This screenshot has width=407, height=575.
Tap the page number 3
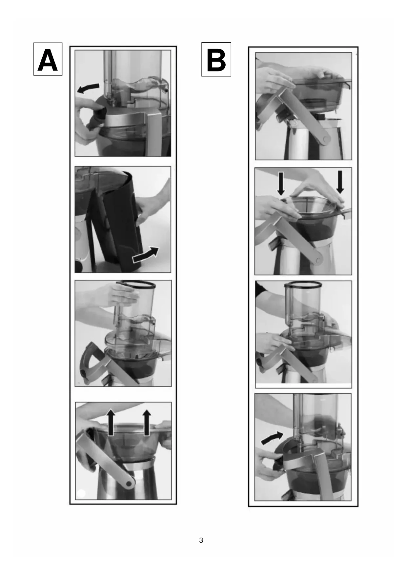point(201,541)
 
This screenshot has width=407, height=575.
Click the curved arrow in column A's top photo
point(88,88)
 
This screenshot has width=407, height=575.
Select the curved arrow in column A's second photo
point(145,255)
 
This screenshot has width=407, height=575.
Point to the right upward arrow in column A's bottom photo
point(147,423)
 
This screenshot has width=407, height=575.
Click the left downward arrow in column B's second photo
point(281,183)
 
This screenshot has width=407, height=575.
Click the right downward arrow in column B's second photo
point(340,182)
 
